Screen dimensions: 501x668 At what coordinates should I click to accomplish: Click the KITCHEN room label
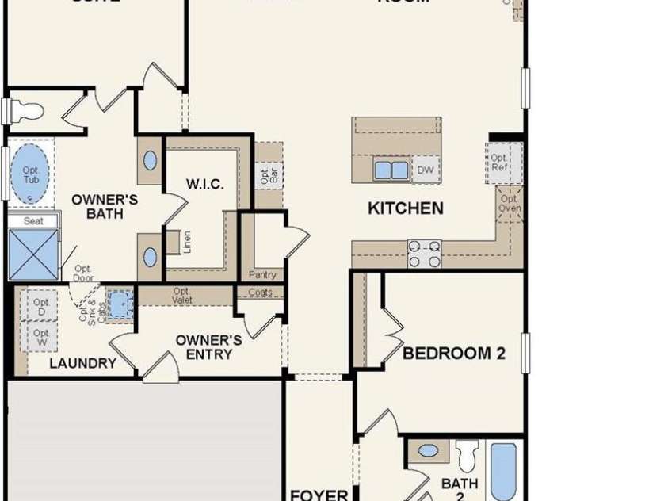(x=405, y=208)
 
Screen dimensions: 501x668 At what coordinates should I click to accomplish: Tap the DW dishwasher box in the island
(x=426, y=170)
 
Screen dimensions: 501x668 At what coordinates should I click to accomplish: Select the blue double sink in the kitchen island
(x=391, y=170)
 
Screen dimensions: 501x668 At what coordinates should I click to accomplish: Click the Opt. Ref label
(x=499, y=163)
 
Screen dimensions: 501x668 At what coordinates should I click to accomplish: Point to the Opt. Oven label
(x=510, y=204)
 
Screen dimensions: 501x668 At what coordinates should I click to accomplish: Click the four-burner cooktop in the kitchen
(x=424, y=254)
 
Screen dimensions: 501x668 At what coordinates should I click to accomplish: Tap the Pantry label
(x=262, y=275)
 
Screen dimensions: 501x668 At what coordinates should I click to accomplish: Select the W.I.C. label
(x=205, y=184)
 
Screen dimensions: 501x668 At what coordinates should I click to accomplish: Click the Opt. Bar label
(x=265, y=176)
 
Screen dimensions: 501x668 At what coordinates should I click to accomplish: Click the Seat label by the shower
(x=33, y=221)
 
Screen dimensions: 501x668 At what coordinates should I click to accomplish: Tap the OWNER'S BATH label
(x=105, y=206)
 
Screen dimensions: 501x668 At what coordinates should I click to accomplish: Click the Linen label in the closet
(x=188, y=242)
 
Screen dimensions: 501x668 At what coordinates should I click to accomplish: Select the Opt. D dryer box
(x=41, y=308)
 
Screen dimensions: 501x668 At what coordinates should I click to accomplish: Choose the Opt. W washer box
(x=41, y=338)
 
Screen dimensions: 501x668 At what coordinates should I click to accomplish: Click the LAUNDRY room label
(x=82, y=364)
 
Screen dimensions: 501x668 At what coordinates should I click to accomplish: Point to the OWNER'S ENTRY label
(x=208, y=347)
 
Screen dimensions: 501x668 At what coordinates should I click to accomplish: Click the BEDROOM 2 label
(x=453, y=354)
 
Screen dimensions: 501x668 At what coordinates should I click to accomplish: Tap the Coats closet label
(x=260, y=293)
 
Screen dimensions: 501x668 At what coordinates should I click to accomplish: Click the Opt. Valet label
(x=182, y=296)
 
